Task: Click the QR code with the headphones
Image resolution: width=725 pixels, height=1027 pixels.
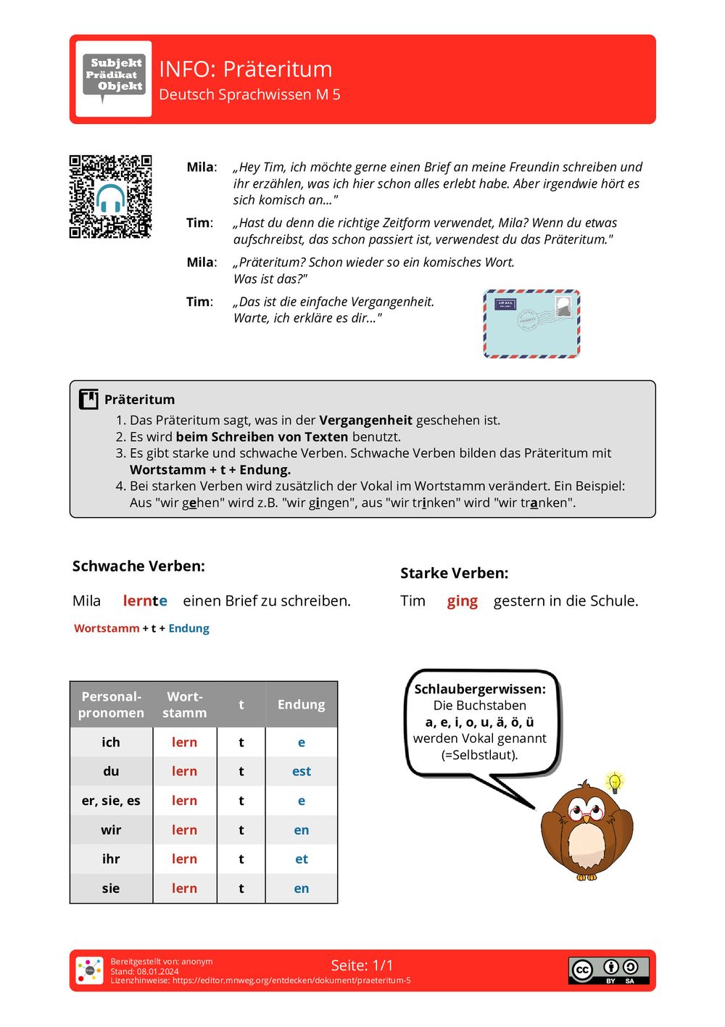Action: point(110,197)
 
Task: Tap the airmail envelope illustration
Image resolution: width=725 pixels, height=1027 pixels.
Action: point(531,323)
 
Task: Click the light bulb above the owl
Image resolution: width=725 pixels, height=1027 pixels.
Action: point(615,783)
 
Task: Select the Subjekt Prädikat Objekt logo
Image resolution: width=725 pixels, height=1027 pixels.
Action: point(114,78)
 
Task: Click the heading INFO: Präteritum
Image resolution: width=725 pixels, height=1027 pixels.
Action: point(245,69)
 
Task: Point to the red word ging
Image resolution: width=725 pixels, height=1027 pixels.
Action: point(462,601)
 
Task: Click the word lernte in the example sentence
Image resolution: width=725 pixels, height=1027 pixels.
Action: point(145,601)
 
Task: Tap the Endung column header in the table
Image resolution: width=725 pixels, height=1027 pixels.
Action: point(301,704)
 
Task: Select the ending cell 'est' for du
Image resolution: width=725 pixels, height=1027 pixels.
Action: point(301,771)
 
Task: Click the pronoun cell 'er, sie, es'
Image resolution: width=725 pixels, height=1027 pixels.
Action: point(111,801)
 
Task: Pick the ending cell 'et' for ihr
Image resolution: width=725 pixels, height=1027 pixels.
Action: point(301,859)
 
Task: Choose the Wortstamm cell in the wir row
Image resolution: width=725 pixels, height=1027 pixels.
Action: point(184,830)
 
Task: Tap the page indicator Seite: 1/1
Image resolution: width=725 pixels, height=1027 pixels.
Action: point(362,965)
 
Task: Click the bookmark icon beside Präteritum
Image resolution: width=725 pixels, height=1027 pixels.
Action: point(88,399)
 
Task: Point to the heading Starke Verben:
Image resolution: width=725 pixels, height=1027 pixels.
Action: point(454,573)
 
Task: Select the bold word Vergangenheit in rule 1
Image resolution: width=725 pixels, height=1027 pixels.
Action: point(365,420)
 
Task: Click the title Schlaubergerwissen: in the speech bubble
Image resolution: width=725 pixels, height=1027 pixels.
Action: point(479,689)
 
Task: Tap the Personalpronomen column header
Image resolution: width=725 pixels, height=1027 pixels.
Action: point(111,704)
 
